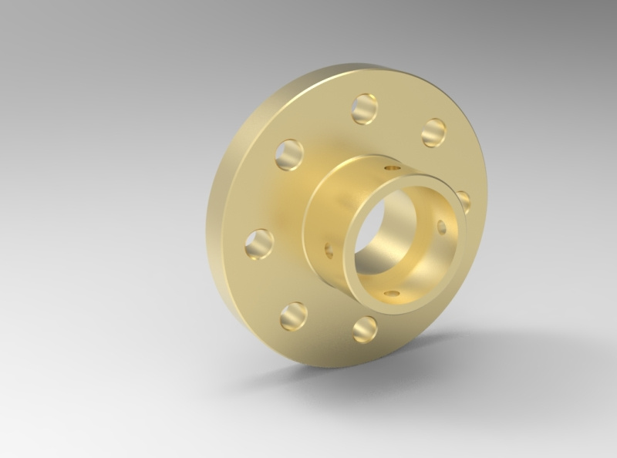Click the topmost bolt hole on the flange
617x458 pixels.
tap(365, 109)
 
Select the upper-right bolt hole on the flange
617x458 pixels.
tap(435, 132)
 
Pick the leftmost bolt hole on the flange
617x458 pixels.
tap(259, 244)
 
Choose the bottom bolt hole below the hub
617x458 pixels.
tap(365, 329)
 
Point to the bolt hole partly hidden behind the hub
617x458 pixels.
tap(464, 201)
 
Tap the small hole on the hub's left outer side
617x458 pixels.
tap(329, 249)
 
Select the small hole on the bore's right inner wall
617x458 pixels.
tap(441, 227)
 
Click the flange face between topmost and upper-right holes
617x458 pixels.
tap(401, 116)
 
